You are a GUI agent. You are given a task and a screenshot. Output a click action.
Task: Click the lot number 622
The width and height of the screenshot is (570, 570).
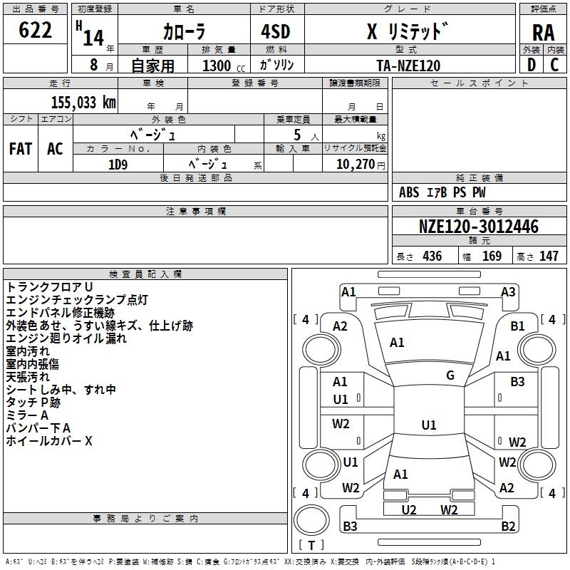tap(36, 31)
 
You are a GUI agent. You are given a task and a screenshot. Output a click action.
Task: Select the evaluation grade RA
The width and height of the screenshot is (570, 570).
tap(543, 33)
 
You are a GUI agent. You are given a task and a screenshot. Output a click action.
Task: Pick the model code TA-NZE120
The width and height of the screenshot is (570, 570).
tap(408, 66)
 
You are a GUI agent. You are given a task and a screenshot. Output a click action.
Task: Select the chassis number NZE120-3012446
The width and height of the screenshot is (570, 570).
tap(478, 227)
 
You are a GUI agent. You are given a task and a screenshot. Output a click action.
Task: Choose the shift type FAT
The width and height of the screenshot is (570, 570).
tap(21, 149)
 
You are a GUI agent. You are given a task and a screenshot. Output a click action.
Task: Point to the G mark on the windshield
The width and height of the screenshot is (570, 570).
tap(450, 375)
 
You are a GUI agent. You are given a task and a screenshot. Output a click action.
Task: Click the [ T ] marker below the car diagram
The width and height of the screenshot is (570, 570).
tap(311, 546)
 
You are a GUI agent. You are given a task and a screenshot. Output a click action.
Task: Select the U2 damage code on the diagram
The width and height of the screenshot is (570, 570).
tap(409, 509)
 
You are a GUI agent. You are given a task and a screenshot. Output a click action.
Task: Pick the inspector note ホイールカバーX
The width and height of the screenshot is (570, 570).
tap(49, 441)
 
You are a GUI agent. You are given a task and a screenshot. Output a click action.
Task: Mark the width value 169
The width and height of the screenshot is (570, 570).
tap(492, 256)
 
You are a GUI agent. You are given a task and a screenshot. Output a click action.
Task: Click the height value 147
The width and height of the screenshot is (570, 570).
tap(549, 256)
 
